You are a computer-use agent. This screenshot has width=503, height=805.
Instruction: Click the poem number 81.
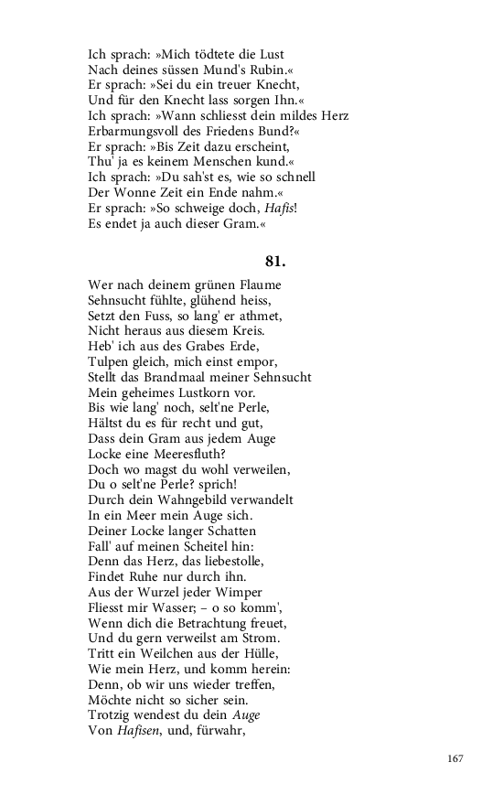click(x=275, y=260)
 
